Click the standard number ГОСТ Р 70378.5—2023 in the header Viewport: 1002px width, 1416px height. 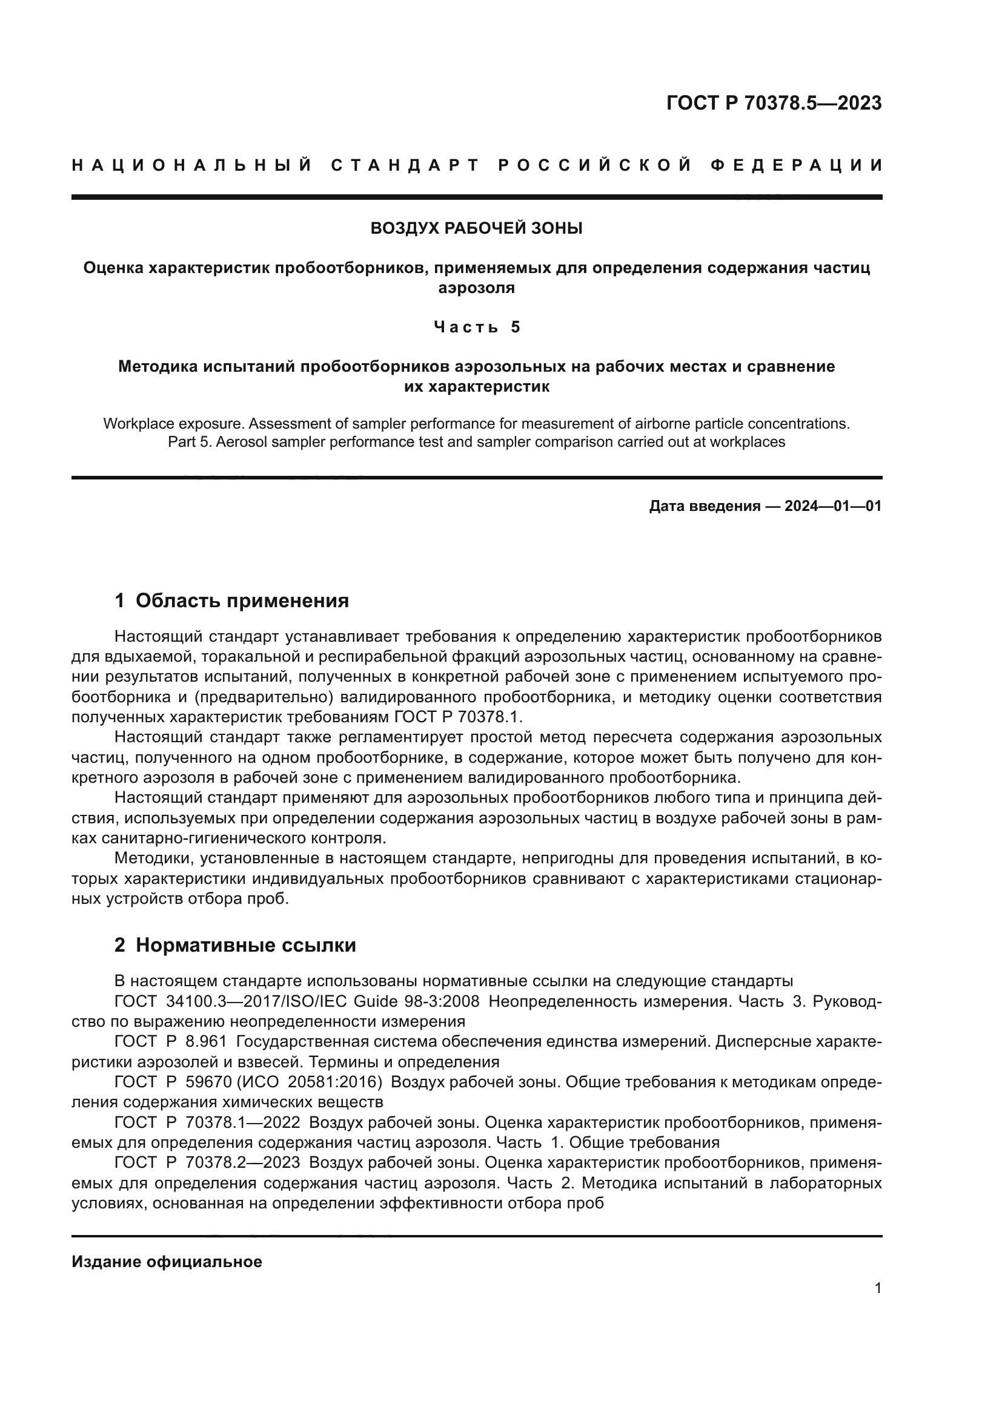(x=774, y=103)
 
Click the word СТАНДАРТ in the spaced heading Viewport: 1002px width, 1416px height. (x=405, y=165)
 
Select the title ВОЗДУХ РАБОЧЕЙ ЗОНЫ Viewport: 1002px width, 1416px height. (x=476, y=228)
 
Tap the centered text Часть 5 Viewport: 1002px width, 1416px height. (x=476, y=327)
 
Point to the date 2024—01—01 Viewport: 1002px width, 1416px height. (x=833, y=506)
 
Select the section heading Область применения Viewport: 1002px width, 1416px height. (x=242, y=600)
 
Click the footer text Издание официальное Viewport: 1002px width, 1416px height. (x=167, y=1262)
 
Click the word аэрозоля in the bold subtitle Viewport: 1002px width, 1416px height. (x=476, y=288)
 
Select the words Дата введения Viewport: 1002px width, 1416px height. (x=704, y=506)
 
